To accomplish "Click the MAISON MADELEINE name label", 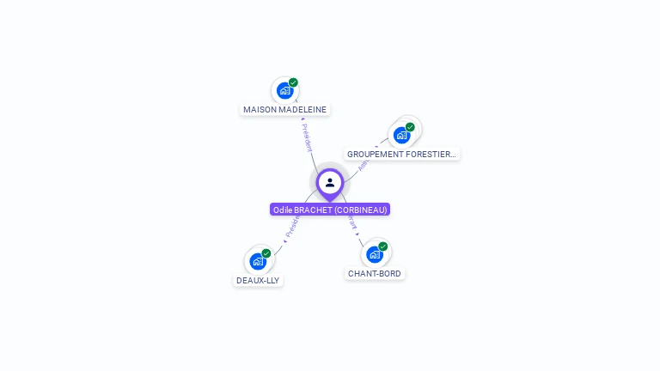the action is coord(285,110).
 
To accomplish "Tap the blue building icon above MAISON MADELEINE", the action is coord(285,90).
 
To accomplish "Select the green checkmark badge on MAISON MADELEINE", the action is coord(293,82).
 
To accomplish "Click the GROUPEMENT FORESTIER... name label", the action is coord(401,155).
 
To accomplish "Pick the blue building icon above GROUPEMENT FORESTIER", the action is coord(401,135).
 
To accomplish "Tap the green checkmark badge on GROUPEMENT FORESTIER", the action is coord(410,127).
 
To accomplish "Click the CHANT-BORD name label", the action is coord(374,274).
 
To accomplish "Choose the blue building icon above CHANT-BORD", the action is coord(374,254).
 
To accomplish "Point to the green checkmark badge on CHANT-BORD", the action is coord(382,246).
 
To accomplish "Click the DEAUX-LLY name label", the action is coord(258,281).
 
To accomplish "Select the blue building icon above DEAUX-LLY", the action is coord(258,261).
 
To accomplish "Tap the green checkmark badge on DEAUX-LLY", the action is coord(266,253).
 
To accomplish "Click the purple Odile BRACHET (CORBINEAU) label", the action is coord(330,210).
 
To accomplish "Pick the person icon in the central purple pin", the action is coord(330,182).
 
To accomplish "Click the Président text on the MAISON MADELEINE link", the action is coord(308,137).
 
